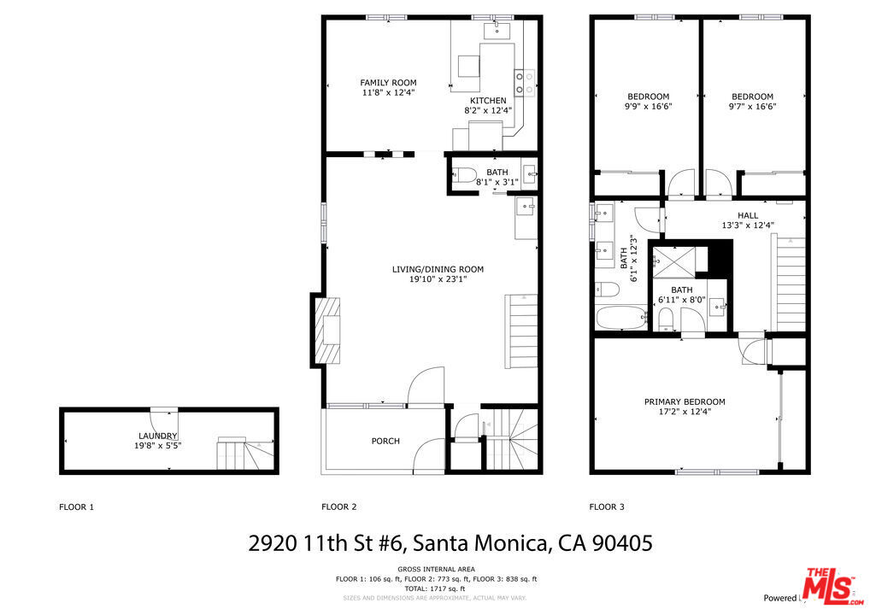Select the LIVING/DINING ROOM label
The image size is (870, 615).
click(x=438, y=269)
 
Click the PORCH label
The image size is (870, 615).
click(x=385, y=441)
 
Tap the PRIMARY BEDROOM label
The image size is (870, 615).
click(x=685, y=401)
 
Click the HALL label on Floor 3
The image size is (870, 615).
click(x=747, y=216)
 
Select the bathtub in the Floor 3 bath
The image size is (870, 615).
click(x=616, y=319)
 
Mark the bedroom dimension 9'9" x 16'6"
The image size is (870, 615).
click(x=648, y=108)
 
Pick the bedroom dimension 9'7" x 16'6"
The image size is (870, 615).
click(x=752, y=108)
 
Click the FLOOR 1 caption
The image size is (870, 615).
click(x=76, y=507)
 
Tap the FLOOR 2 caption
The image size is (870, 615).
click(x=338, y=507)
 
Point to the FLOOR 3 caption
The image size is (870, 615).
click(x=607, y=507)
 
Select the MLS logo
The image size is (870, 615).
click(x=830, y=585)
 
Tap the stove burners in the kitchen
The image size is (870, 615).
click(x=525, y=83)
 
